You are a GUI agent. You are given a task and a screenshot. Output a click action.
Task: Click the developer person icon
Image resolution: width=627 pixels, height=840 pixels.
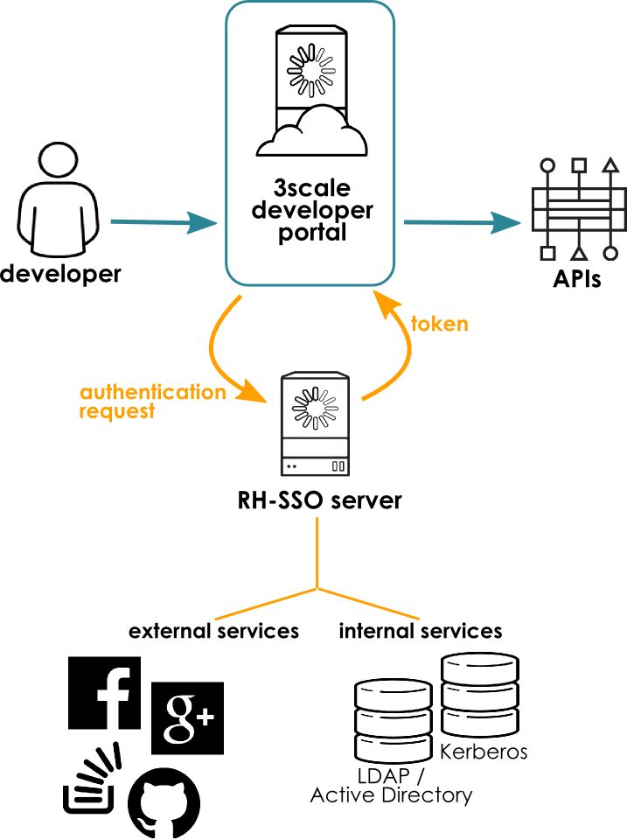[x=58, y=200]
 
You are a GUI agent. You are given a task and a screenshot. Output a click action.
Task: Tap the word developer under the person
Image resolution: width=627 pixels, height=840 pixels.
[x=60, y=275]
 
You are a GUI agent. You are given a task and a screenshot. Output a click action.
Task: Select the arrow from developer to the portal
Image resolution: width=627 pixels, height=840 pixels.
[x=163, y=224]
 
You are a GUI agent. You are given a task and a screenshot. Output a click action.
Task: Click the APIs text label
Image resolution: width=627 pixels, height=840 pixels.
[x=577, y=281]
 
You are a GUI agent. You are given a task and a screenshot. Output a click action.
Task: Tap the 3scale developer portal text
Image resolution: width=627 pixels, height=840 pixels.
[x=311, y=211]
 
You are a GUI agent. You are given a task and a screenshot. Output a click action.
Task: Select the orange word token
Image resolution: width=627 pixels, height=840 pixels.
[x=440, y=325]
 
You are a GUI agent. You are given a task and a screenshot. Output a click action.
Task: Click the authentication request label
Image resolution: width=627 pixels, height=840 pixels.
[x=152, y=402]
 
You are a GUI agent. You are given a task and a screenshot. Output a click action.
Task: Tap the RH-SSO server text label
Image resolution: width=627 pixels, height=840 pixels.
[x=319, y=501]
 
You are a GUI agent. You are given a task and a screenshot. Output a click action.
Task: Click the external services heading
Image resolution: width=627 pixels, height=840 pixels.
[x=213, y=631]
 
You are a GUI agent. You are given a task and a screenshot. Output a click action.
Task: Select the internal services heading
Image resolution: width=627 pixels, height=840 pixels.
[x=421, y=631]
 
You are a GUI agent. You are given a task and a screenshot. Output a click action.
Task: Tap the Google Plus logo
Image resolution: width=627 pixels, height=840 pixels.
[x=187, y=717]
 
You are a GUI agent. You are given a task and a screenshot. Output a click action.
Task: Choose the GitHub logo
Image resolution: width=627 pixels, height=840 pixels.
[x=164, y=804]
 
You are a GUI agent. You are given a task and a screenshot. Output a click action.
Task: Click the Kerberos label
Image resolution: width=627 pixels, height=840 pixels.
[x=484, y=752]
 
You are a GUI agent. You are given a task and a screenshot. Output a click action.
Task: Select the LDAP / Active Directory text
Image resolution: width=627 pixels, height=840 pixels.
[x=391, y=787]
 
